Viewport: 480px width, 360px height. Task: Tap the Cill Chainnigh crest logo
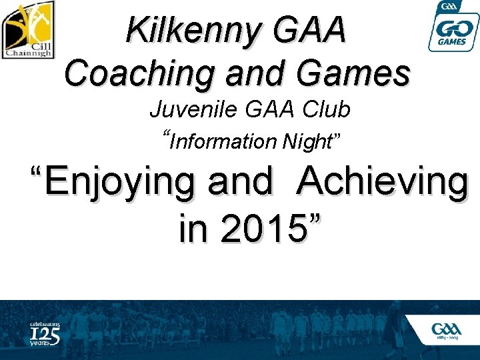(29, 30)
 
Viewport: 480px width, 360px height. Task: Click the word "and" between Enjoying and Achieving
(240, 181)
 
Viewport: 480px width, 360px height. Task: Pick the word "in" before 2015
(194, 228)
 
